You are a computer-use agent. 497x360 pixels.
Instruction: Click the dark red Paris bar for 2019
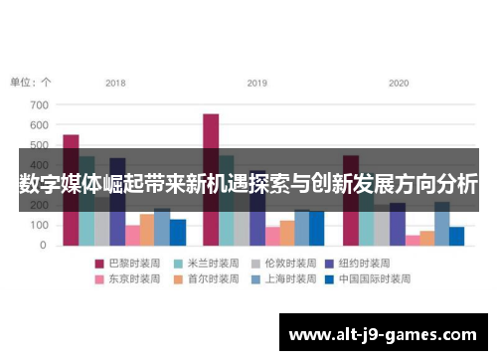click(x=211, y=134)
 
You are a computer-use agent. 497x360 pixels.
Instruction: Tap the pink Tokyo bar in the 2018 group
click(x=132, y=235)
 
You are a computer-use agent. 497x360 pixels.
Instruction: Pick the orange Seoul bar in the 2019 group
click(x=287, y=233)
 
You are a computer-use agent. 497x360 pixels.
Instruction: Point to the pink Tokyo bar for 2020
click(x=413, y=240)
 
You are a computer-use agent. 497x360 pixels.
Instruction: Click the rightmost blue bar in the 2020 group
click(x=456, y=236)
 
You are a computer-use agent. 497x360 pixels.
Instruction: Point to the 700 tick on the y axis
click(x=39, y=104)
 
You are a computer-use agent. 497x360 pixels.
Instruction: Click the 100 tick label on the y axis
click(x=39, y=226)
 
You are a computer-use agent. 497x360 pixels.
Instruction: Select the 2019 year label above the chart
click(x=257, y=83)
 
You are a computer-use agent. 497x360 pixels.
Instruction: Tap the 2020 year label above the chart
click(x=399, y=83)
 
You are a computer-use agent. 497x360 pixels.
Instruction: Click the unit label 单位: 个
click(x=31, y=83)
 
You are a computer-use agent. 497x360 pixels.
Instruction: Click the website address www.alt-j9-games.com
click(x=383, y=333)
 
